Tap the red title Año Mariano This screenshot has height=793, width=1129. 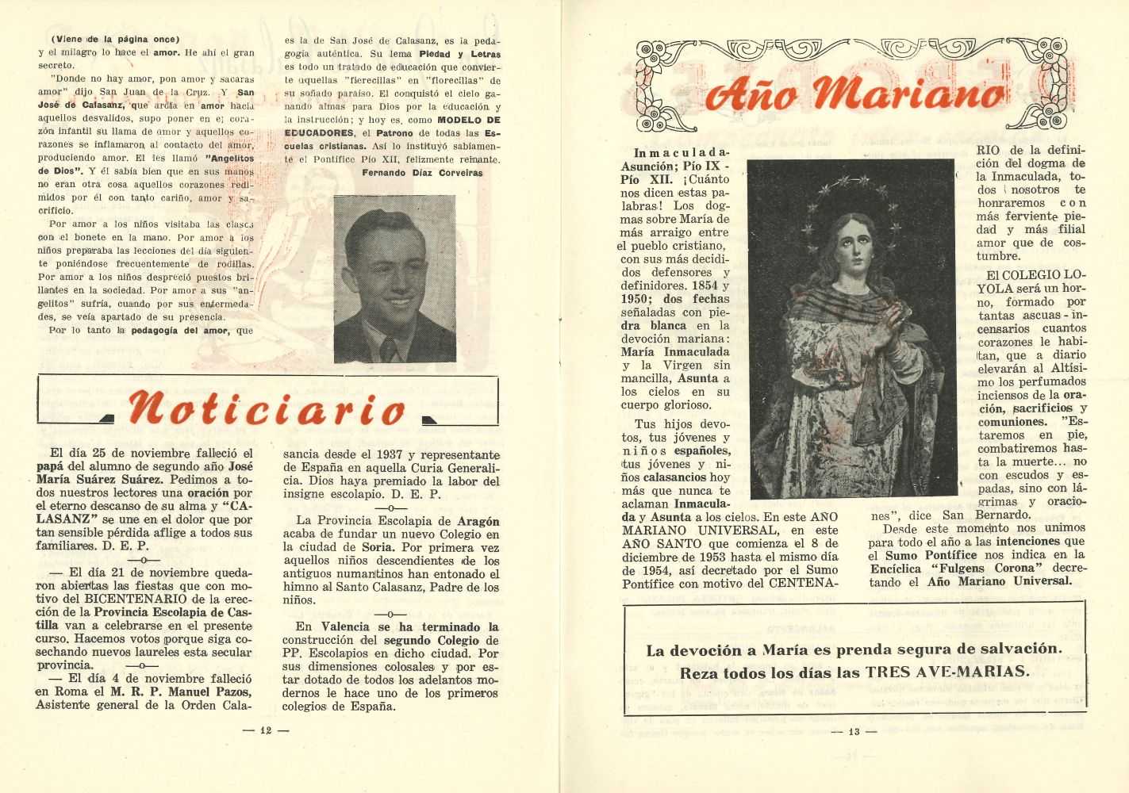pyautogui.click(x=853, y=94)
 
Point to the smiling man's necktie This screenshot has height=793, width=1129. pyautogui.click(x=390, y=347)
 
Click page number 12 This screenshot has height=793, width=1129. pyautogui.click(x=266, y=730)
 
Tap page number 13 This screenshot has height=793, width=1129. pyautogui.click(x=854, y=731)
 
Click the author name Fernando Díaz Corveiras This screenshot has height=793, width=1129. pyautogui.click(x=422, y=172)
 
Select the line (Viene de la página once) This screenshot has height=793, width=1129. pyautogui.click(x=115, y=39)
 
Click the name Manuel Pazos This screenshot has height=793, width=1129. pyautogui.click(x=207, y=691)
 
